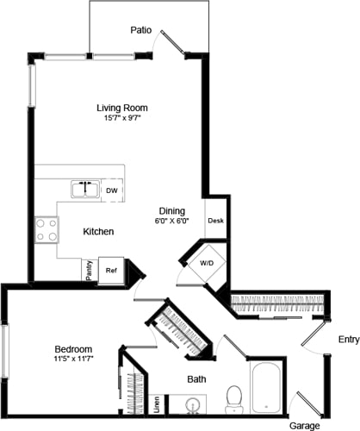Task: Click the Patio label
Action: tap(141, 30)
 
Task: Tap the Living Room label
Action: tap(121, 108)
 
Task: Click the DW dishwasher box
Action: tap(112, 191)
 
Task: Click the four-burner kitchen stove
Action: tap(47, 229)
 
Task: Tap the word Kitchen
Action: tap(100, 232)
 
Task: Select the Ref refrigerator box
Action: tap(111, 270)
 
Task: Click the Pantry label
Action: tap(89, 271)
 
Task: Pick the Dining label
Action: tap(173, 209)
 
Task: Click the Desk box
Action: tap(215, 221)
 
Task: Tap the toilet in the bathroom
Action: tap(233, 397)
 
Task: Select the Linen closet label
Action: tap(156, 402)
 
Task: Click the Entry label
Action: tap(349, 339)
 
